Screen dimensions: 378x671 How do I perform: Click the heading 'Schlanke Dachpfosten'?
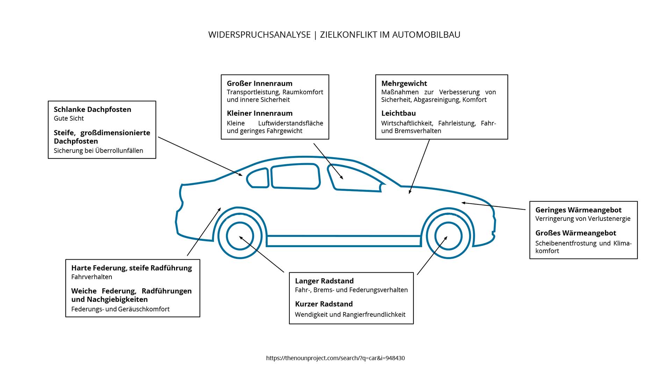(x=92, y=110)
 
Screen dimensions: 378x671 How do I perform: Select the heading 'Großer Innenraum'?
(x=259, y=84)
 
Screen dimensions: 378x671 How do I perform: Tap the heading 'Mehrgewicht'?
(x=404, y=84)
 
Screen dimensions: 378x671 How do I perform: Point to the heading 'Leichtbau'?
(x=398, y=113)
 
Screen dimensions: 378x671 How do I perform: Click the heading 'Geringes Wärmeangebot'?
(x=578, y=210)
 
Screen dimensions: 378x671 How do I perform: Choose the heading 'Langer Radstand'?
(x=324, y=281)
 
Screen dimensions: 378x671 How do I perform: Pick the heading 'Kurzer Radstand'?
(x=324, y=304)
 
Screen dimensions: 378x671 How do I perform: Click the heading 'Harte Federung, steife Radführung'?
(x=131, y=268)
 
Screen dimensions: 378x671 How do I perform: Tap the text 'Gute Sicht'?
(x=69, y=118)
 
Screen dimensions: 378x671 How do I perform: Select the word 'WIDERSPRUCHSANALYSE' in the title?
(x=259, y=35)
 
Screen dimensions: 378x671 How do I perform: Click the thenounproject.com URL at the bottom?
(x=335, y=358)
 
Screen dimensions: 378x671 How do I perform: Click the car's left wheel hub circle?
(x=240, y=236)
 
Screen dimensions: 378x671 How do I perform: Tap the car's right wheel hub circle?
(x=448, y=236)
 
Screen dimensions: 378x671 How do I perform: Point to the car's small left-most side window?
(x=258, y=178)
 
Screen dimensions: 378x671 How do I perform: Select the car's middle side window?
(x=296, y=176)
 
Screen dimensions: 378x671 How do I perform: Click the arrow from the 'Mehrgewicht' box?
(x=419, y=166)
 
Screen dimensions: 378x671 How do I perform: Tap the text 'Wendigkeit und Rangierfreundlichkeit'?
(x=350, y=315)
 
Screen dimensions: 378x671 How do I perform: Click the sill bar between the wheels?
(x=344, y=241)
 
